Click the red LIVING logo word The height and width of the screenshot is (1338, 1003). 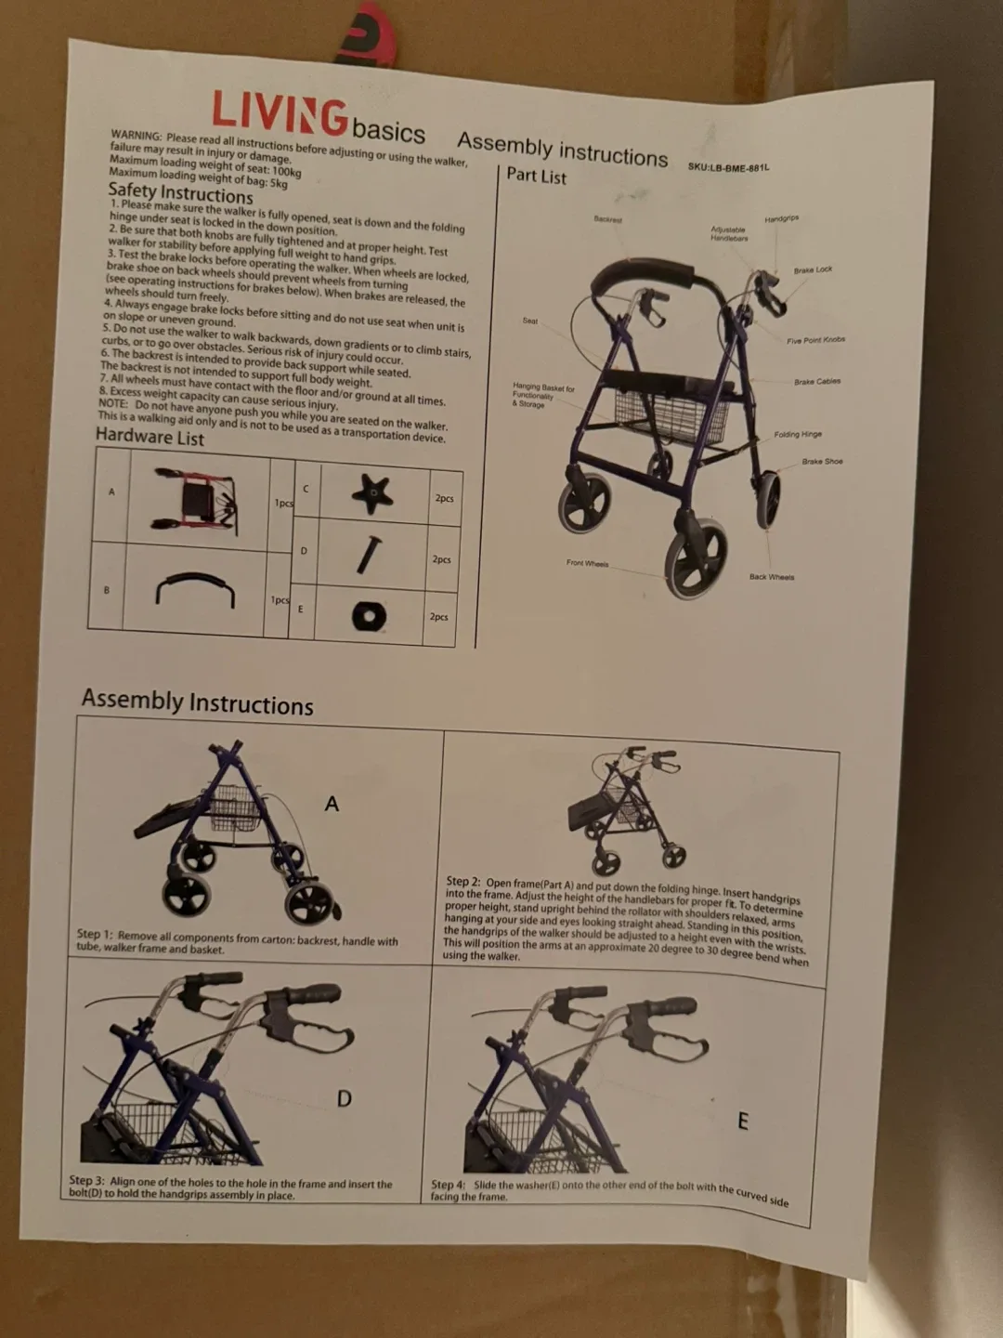pyautogui.click(x=279, y=114)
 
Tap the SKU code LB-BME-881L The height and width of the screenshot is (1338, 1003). pyautogui.click(x=728, y=167)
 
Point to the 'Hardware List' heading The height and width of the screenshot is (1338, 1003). pyautogui.click(x=150, y=436)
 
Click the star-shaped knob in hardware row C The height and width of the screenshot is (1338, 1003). pyautogui.click(x=371, y=493)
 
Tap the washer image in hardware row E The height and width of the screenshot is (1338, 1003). pyautogui.click(x=369, y=615)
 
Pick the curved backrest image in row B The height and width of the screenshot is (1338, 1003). pyautogui.click(x=195, y=589)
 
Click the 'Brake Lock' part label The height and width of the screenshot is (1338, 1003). pyautogui.click(x=813, y=269)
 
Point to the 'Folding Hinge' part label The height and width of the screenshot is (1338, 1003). pyautogui.click(x=798, y=434)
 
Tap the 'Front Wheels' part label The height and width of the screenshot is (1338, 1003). pyautogui.click(x=587, y=563)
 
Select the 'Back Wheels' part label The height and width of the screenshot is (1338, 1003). pyautogui.click(x=772, y=577)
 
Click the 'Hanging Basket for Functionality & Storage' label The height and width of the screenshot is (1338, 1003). pyautogui.click(x=543, y=395)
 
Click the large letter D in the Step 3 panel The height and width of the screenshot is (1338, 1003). pyautogui.click(x=344, y=1099)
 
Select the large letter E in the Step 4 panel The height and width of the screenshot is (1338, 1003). pyautogui.click(x=742, y=1122)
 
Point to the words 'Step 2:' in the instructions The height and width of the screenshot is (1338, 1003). pyautogui.click(x=462, y=881)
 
